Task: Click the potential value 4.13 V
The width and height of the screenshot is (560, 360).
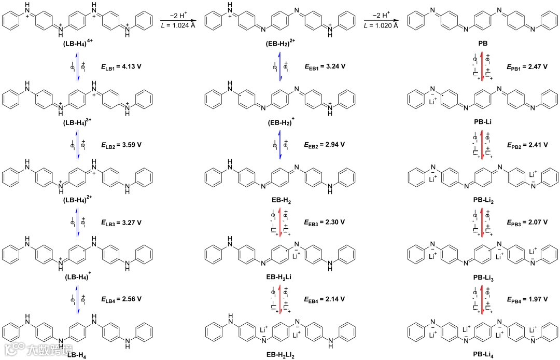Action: click(x=132, y=67)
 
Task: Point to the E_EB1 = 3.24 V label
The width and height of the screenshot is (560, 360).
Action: click(x=324, y=67)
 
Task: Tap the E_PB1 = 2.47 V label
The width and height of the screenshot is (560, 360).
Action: click(x=527, y=67)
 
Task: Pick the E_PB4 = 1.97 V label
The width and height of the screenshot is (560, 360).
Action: click(x=527, y=299)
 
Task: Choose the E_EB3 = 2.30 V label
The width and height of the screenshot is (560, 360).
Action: click(x=324, y=222)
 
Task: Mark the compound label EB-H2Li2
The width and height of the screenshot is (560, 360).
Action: click(x=279, y=355)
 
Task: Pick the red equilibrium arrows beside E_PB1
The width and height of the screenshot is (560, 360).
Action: click(x=483, y=67)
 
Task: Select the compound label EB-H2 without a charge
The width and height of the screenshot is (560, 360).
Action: click(x=279, y=200)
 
